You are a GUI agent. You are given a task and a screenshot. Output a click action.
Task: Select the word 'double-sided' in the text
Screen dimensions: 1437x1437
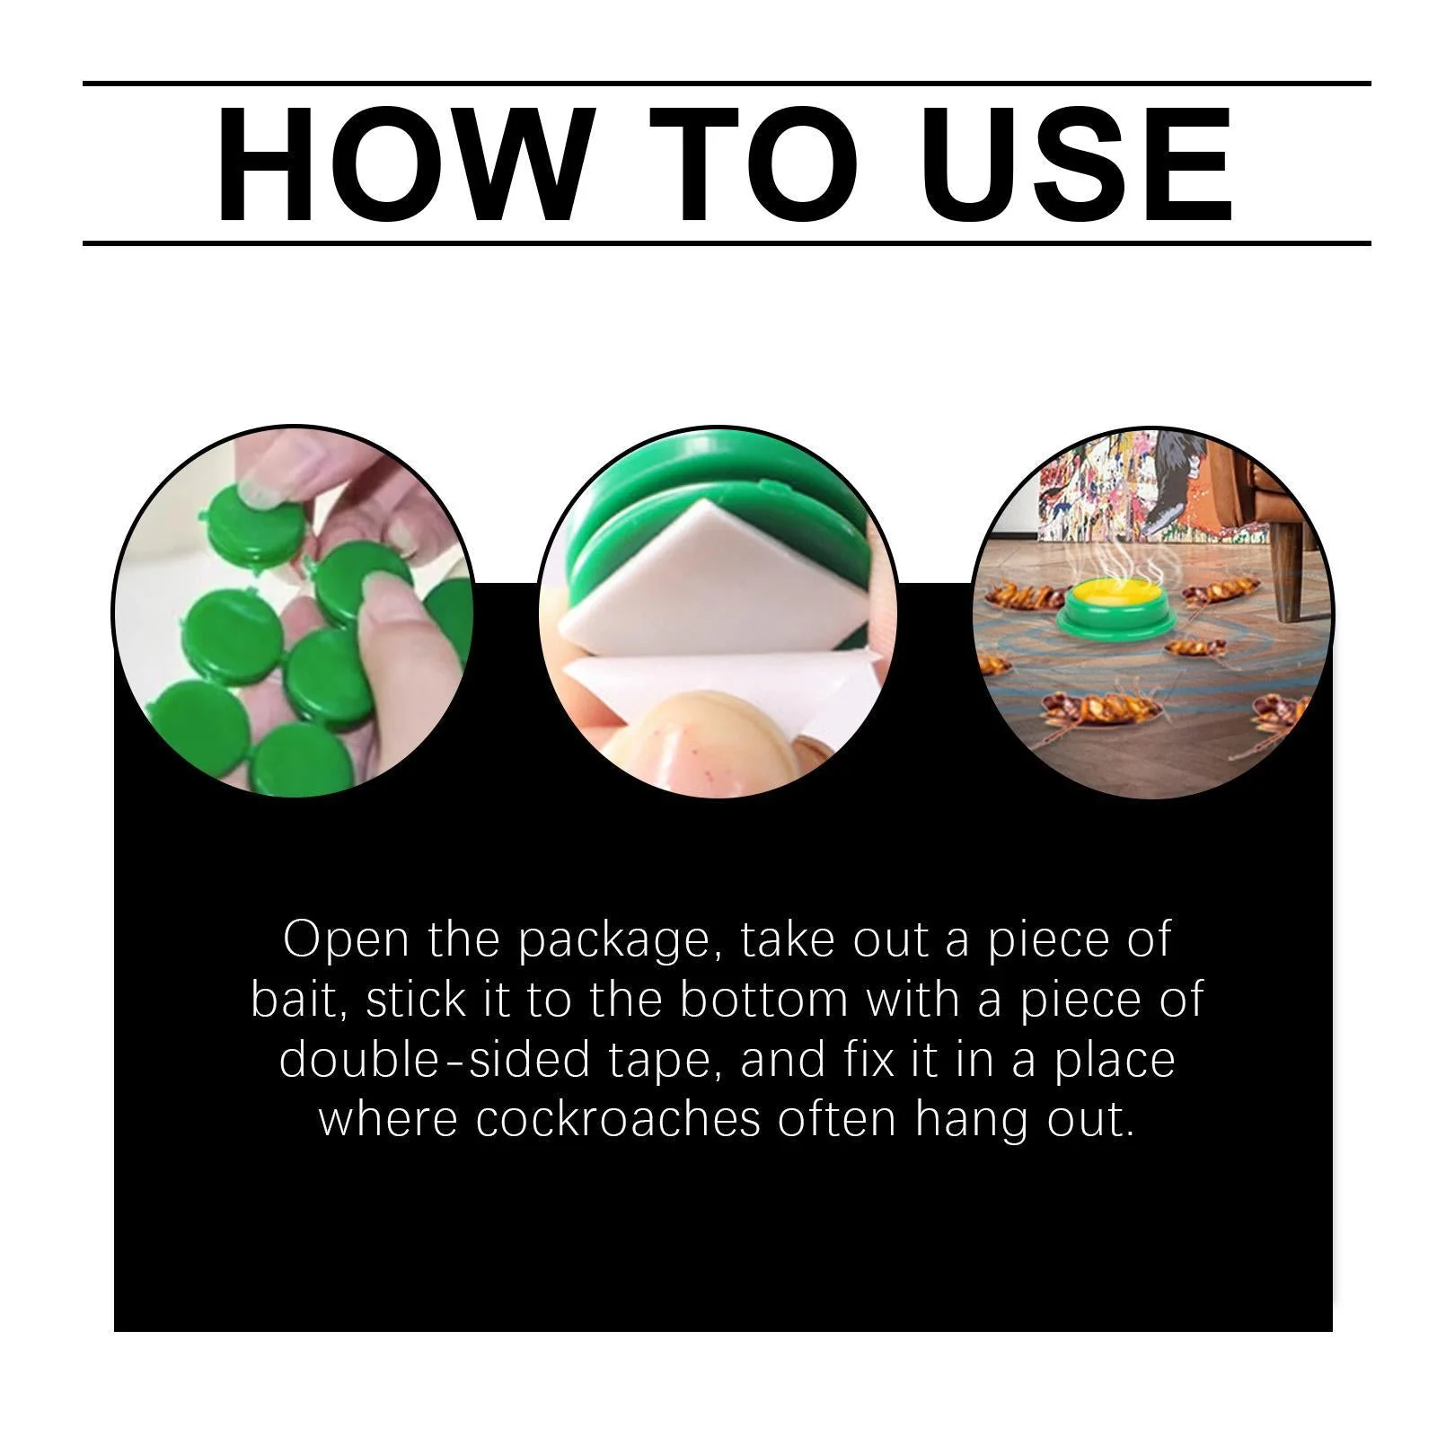point(435,1060)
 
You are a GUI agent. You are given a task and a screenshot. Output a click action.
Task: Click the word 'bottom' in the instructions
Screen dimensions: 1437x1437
point(763,1000)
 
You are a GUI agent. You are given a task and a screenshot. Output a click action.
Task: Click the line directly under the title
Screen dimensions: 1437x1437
point(727,243)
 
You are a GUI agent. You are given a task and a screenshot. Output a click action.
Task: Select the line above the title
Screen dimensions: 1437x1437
point(727,84)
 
